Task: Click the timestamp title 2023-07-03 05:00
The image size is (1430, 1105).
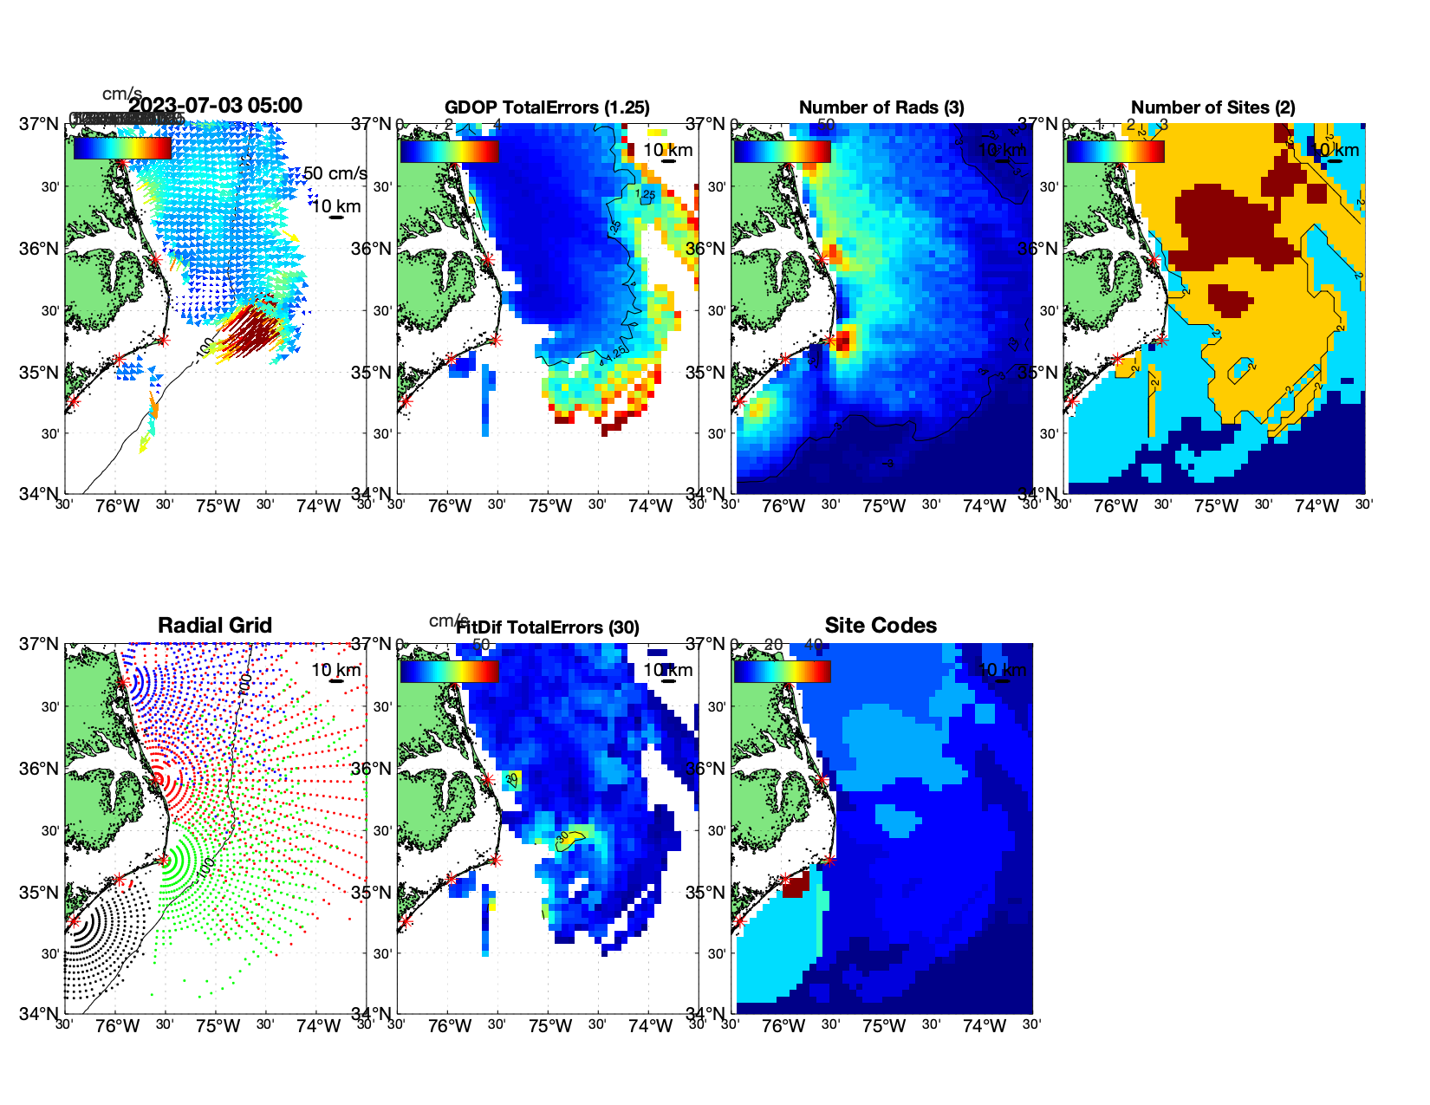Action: coord(216,106)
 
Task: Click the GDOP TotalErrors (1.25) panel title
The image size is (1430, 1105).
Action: coord(547,107)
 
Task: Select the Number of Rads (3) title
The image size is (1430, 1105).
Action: coord(881,107)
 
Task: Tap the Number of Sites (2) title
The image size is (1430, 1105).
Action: coord(1212,107)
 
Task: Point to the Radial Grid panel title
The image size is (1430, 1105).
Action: coord(215,626)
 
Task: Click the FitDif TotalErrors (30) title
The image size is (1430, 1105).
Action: coord(548,627)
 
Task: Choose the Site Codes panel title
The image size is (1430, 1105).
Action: coord(881,626)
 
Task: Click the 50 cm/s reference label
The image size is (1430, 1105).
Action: coord(335,173)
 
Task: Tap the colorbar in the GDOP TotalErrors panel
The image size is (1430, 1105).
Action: coord(449,151)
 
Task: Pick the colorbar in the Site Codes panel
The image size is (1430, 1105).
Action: coord(782,671)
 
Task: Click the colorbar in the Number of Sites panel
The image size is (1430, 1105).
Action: coord(1115,151)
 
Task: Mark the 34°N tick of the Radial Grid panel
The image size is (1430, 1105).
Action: coord(39,1013)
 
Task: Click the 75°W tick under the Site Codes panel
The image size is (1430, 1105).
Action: coord(884,1026)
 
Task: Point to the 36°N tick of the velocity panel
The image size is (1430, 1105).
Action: coord(39,249)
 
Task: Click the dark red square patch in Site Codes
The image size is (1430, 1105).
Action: coord(795,885)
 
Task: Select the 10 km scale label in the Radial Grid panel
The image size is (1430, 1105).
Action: coord(335,670)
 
